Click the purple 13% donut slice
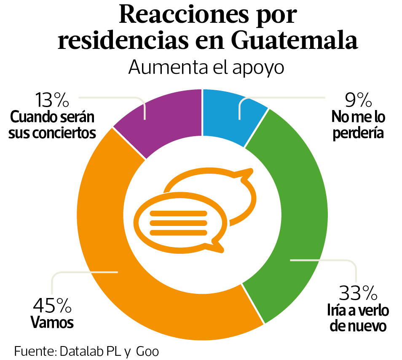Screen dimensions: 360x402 click(169, 118)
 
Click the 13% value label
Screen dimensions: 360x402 click(52, 101)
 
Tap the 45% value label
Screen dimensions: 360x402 click(52, 304)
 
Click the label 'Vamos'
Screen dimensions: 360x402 click(53, 323)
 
